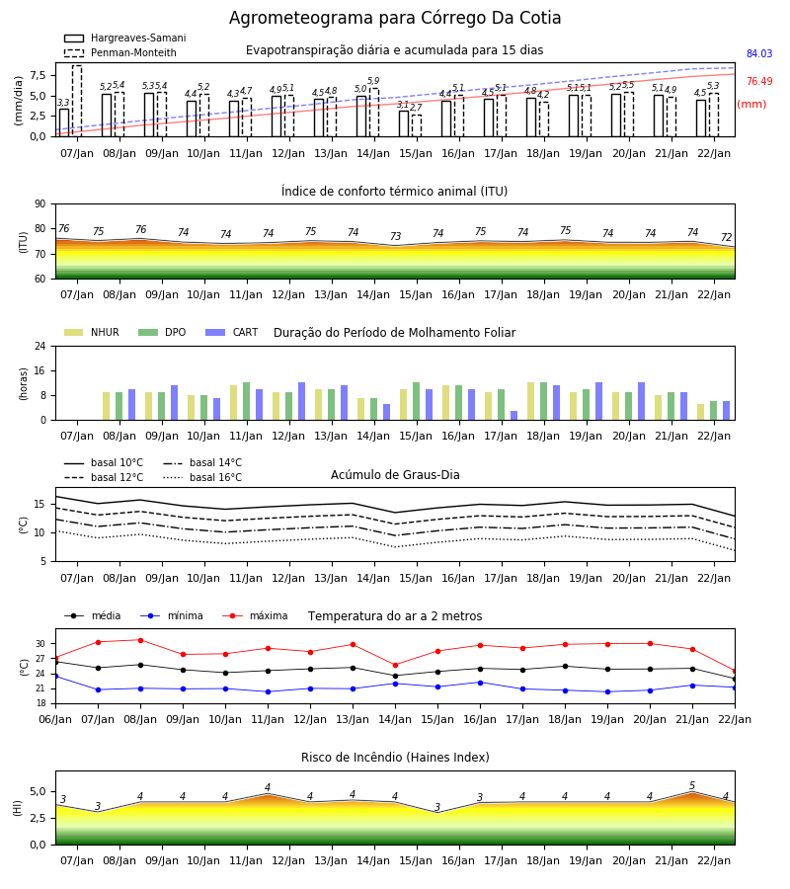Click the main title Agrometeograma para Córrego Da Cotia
pos(395,18)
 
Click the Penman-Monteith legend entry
pos(120,52)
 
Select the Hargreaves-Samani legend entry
pos(124,38)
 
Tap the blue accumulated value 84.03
pos(759,54)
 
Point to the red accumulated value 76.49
pos(759,82)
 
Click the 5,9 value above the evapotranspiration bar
pos(373,81)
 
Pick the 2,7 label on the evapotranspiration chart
pos(416,108)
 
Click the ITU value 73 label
pos(396,236)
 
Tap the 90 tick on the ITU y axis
pos(40,204)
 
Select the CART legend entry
pos(232,332)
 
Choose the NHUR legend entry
pos(92,332)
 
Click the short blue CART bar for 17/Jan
pos(514,416)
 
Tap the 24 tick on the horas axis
pos(40,347)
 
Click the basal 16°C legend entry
pos(202,477)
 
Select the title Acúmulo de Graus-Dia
pos(395,474)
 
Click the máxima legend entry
pos(255,615)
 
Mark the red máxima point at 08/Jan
pos(140,640)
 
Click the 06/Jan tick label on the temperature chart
pos(55,719)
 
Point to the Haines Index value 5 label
pos(692,786)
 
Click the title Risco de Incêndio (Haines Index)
pos(395,758)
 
